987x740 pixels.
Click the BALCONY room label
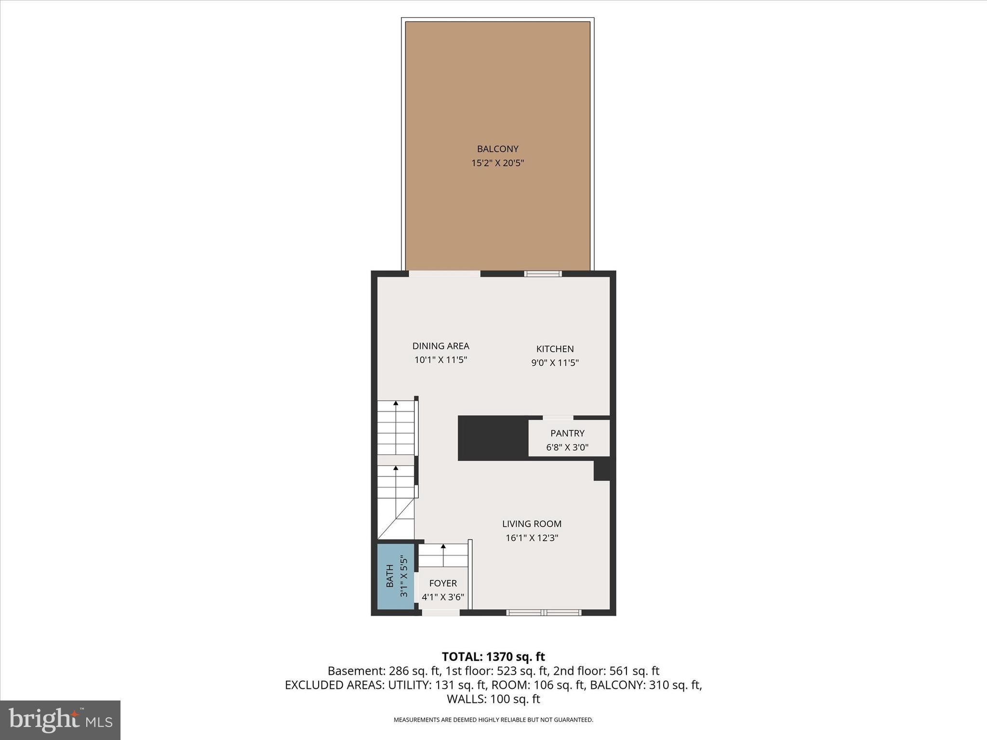click(x=497, y=149)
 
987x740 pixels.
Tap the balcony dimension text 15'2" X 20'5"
click(x=497, y=163)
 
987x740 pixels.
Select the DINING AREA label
click(x=440, y=346)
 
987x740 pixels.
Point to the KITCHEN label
click(x=555, y=349)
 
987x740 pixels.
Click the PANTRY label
click(x=567, y=433)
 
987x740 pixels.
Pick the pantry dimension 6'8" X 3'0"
click(x=567, y=447)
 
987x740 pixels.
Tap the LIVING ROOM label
click(x=532, y=524)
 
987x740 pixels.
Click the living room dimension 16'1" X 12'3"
click(x=532, y=538)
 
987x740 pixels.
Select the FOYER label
click(x=443, y=583)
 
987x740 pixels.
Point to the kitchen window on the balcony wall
click(x=543, y=274)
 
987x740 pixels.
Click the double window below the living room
click(x=544, y=612)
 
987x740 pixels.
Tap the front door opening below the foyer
click(x=440, y=612)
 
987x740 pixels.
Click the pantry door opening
click(x=558, y=418)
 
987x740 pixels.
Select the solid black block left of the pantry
click(x=493, y=438)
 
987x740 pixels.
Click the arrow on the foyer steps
click(x=443, y=547)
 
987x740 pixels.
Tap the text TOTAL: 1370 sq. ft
click(x=493, y=657)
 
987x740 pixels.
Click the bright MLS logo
click(x=60, y=720)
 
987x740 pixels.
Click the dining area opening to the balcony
click(x=444, y=274)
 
